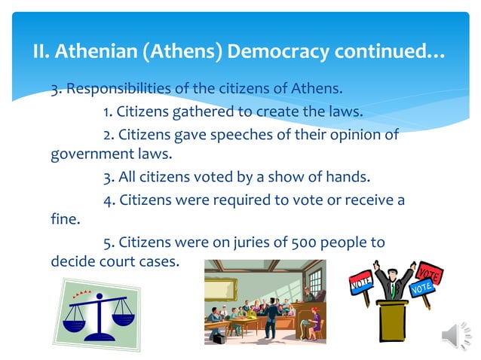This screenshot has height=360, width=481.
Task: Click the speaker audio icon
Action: click(x=455, y=335)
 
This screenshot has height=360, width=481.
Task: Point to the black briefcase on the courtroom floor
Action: click(x=219, y=339)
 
